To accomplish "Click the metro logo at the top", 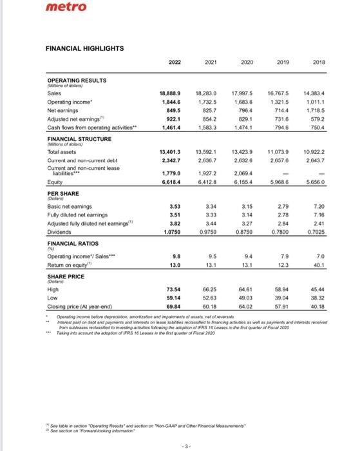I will coord(23,8).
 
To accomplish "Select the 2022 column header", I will coord(166,62).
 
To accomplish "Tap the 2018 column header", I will coord(320,62).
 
